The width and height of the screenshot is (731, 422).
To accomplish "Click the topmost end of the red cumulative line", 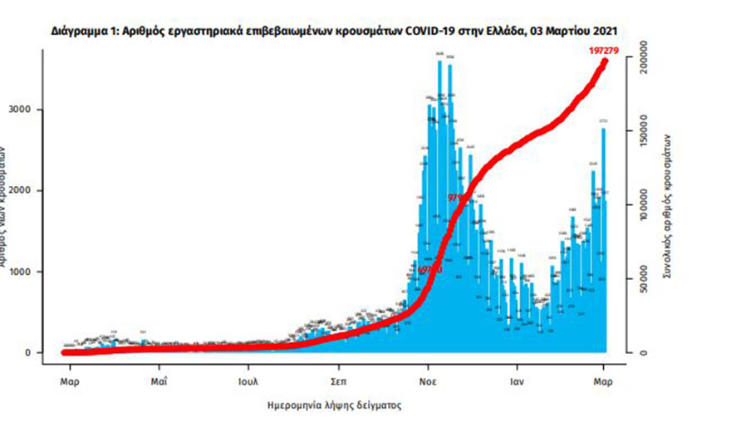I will click(604, 61).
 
